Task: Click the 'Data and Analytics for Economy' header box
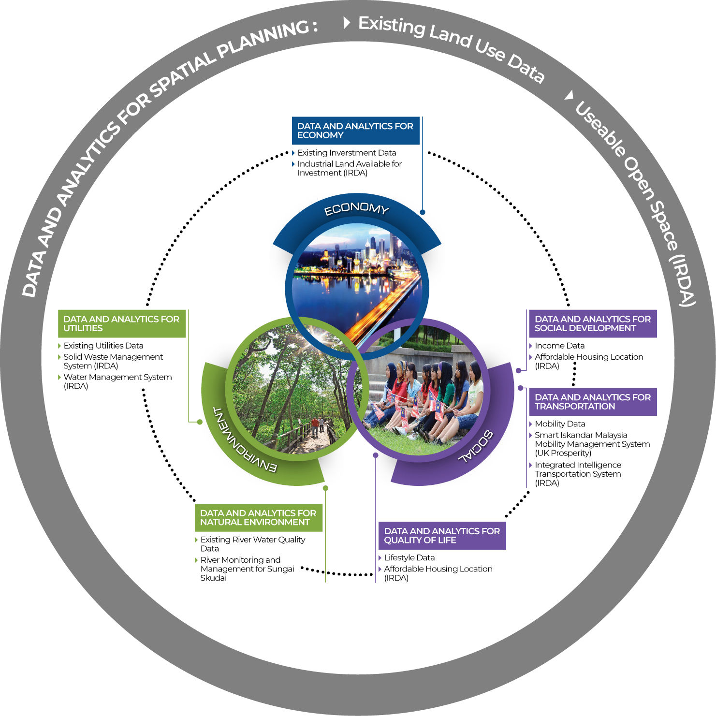click(x=356, y=131)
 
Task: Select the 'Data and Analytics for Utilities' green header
click(x=121, y=323)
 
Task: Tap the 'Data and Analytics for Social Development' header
click(x=593, y=323)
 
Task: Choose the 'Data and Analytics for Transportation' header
click(x=593, y=402)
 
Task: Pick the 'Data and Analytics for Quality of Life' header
click(x=442, y=536)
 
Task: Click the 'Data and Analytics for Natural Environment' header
click(x=258, y=517)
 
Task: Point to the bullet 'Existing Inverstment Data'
click(x=347, y=153)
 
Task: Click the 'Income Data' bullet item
click(x=559, y=346)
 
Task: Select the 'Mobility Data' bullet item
click(x=560, y=424)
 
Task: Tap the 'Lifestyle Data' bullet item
click(x=409, y=558)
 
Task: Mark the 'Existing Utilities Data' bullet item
click(x=103, y=346)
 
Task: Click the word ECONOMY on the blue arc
click(x=356, y=209)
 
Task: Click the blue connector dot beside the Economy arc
click(x=423, y=212)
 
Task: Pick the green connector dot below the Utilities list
click(x=200, y=422)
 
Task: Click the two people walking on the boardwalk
click(x=318, y=425)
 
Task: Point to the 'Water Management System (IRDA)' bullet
click(x=117, y=381)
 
